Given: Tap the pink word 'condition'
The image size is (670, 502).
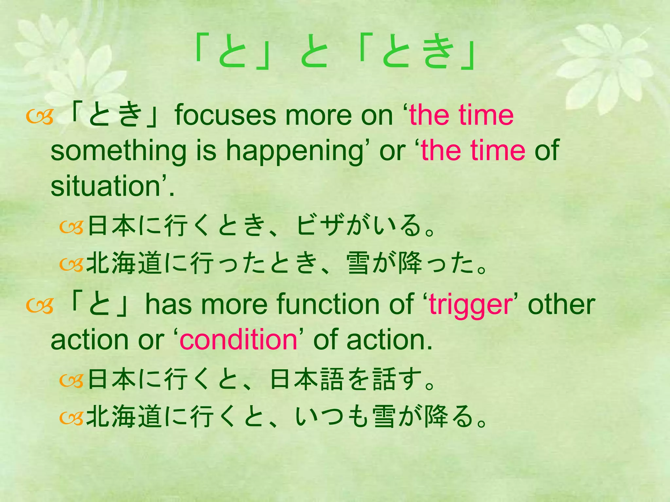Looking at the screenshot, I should tap(238, 341).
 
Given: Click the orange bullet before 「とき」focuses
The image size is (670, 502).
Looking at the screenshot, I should tap(40, 118).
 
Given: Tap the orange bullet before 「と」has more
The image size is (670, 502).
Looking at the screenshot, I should tap(40, 307).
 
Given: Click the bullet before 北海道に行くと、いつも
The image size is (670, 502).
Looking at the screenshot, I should tap(72, 418).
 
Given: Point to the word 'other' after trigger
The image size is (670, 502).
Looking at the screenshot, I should tap(561, 305).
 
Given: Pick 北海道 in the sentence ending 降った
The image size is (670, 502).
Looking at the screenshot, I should tap(124, 263).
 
